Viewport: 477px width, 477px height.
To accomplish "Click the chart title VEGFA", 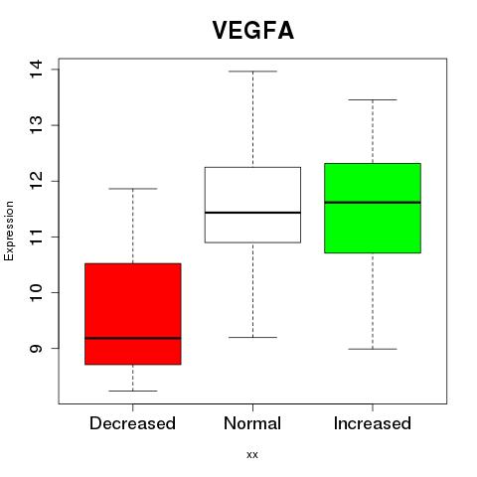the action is pos(253,31).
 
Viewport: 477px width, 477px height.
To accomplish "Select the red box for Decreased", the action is pos(133,314).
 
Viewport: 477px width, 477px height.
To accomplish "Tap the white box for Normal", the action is pos(252,205).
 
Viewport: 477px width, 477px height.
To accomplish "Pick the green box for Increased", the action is pos(373,208).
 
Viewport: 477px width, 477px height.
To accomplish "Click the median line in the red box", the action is pos(133,338).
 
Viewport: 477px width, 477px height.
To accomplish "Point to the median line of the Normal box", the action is pos(252,213).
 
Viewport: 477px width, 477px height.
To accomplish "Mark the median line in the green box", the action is pos(373,202).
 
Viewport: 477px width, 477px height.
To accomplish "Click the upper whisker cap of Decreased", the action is pos(133,189).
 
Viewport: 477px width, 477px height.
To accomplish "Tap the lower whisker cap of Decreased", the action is pos(133,391).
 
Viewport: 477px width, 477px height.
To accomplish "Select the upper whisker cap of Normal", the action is pos(252,72).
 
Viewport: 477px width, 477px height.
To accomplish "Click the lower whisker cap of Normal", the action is pos(252,337).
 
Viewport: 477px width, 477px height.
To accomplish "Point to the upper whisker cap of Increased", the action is pos(373,99).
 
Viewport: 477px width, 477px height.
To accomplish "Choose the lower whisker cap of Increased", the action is pos(373,349).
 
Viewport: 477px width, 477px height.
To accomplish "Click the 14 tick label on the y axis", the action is pos(36,69).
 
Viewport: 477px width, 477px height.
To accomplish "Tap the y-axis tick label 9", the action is pos(36,349).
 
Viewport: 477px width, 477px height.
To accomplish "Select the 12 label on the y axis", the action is pos(36,181).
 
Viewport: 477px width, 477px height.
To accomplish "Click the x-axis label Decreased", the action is pos(132,423).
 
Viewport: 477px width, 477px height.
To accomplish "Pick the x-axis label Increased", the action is pos(373,423).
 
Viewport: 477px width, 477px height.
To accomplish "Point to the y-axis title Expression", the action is pos(9,231).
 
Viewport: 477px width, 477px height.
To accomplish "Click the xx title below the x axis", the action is pos(252,455).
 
